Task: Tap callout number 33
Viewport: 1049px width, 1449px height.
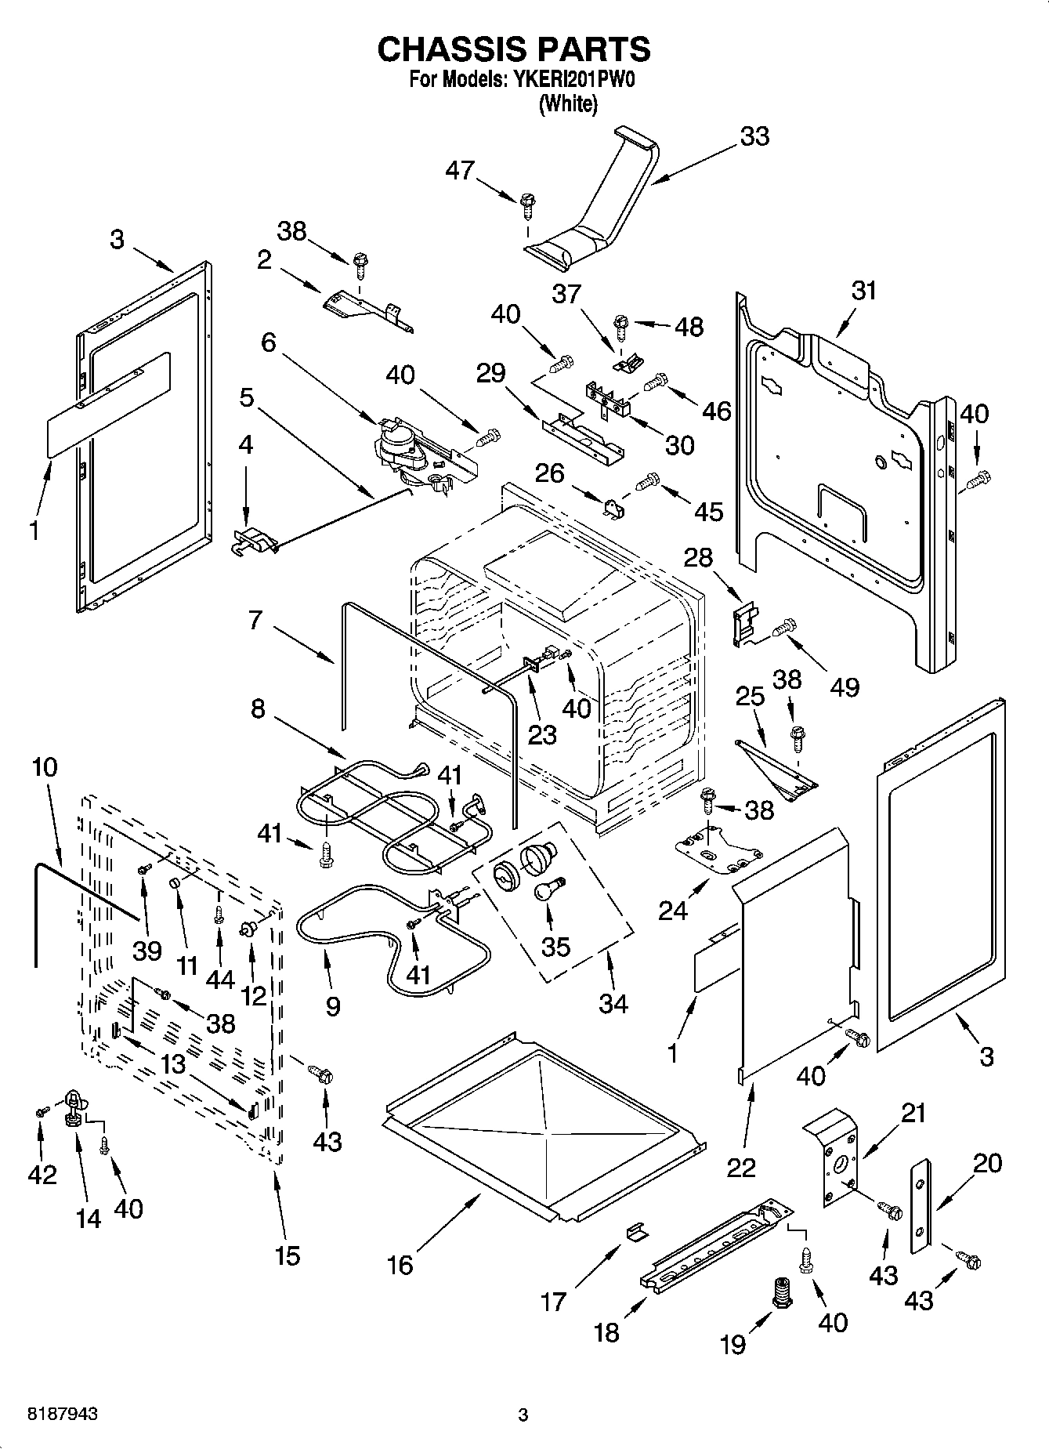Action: (754, 136)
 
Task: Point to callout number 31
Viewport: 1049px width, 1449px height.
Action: (864, 291)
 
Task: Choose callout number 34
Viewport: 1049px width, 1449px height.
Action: (613, 1003)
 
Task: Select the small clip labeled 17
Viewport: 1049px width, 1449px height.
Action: (638, 1232)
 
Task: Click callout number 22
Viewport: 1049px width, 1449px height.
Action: (740, 1167)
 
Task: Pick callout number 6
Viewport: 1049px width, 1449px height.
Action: (269, 342)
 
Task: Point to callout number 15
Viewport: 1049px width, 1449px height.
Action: (288, 1255)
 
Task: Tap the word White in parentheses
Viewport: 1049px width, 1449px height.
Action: (568, 103)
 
